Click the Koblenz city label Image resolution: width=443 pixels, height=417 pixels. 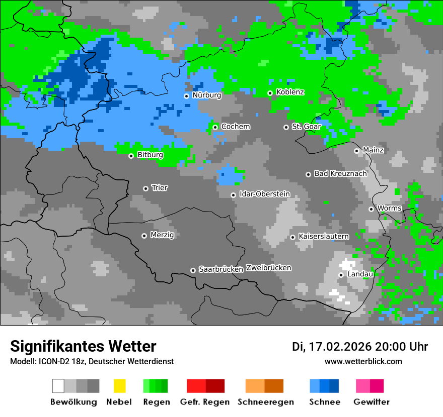(x=290, y=92)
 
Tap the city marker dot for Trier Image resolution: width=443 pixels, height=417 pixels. (x=145, y=188)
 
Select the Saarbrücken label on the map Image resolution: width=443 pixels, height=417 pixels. (x=221, y=269)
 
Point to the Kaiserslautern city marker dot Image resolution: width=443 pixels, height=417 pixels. (x=292, y=237)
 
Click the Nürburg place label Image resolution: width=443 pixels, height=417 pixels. (x=206, y=95)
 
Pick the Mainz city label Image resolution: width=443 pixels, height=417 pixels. (x=373, y=150)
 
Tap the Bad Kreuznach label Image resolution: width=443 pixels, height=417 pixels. (x=340, y=173)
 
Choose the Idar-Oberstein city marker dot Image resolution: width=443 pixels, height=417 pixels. (x=233, y=195)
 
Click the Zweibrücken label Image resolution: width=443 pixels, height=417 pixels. (x=268, y=268)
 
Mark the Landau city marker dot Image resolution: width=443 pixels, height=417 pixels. (x=341, y=275)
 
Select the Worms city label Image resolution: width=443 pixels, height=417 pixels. (x=389, y=208)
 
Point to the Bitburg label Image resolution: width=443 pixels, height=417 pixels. (x=150, y=155)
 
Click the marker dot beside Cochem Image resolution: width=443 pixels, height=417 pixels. (x=215, y=127)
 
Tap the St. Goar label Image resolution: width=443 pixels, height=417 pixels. (x=306, y=127)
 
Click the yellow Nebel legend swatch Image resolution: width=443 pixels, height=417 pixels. (x=119, y=386)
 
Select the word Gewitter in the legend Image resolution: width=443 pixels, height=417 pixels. (x=372, y=402)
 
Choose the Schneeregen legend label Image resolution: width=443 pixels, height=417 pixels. (x=265, y=402)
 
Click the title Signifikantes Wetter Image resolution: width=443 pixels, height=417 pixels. (x=83, y=346)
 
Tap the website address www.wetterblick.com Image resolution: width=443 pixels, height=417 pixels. (x=363, y=361)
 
